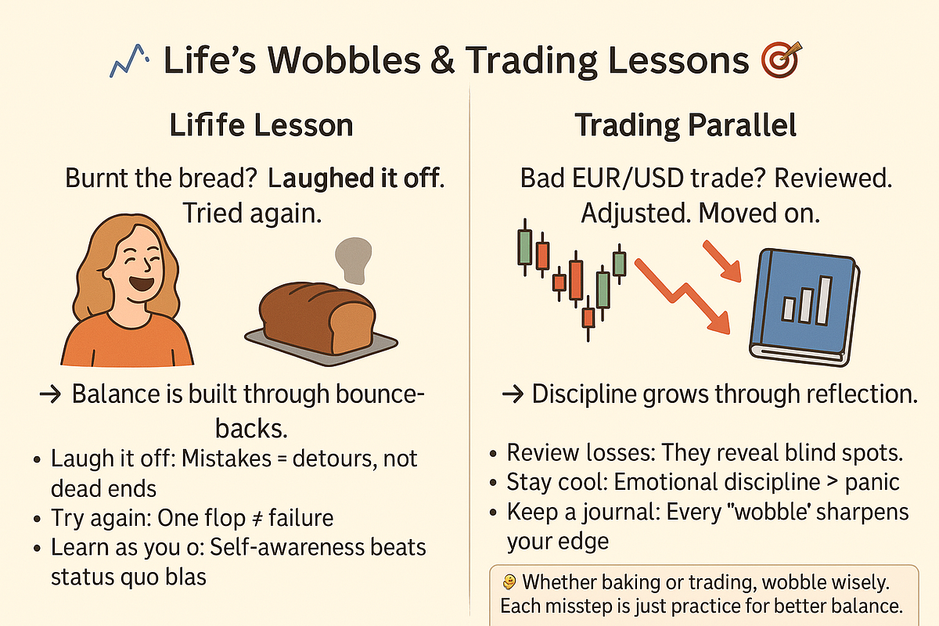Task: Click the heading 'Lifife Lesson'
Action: pyautogui.click(x=261, y=126)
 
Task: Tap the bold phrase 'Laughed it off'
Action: pyautogui.click(x=351, y=178)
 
